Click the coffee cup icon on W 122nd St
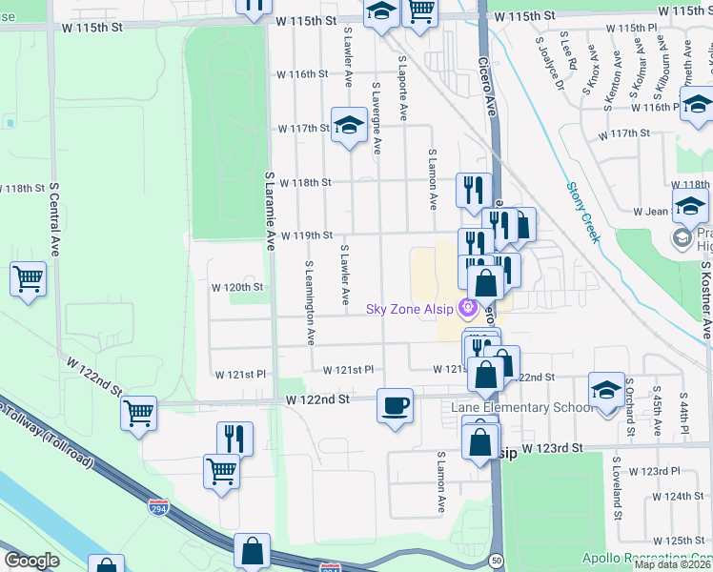[395, 406]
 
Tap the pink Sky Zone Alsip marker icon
[467, 308]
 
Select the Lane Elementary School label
[521, 408]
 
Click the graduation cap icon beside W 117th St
[349, 125]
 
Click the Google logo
[31, 561]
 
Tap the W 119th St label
[305, 235]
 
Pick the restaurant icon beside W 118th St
[473, 190]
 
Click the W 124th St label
[682, 497]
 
